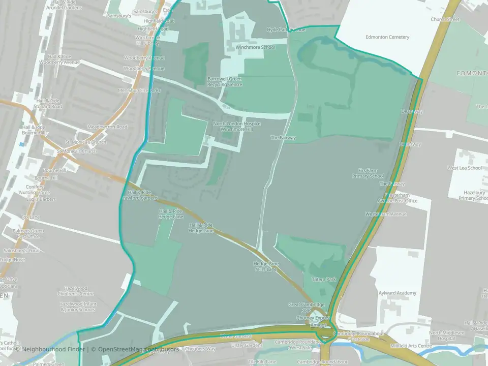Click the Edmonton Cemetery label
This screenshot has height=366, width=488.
pos(387,37)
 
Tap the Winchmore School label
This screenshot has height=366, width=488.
pos(255,47)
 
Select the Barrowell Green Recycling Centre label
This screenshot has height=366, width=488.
pos(225,81)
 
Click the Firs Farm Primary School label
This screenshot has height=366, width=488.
pos(369,173)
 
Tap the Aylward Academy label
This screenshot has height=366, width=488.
pos(398,293)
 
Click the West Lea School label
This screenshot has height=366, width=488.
pos(464,168)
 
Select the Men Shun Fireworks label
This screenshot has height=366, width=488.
pos(139,90)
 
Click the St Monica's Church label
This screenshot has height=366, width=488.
pos(76,151)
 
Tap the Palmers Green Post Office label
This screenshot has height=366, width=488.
pos(28,233)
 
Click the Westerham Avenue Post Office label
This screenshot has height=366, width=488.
pos(394,198)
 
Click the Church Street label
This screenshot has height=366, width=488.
pos(445,19)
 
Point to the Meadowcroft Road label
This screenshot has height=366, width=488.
pos(107,127)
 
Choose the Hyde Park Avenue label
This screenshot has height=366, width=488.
pos(286,30)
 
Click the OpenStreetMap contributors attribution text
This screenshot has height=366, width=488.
pos(138,349)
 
